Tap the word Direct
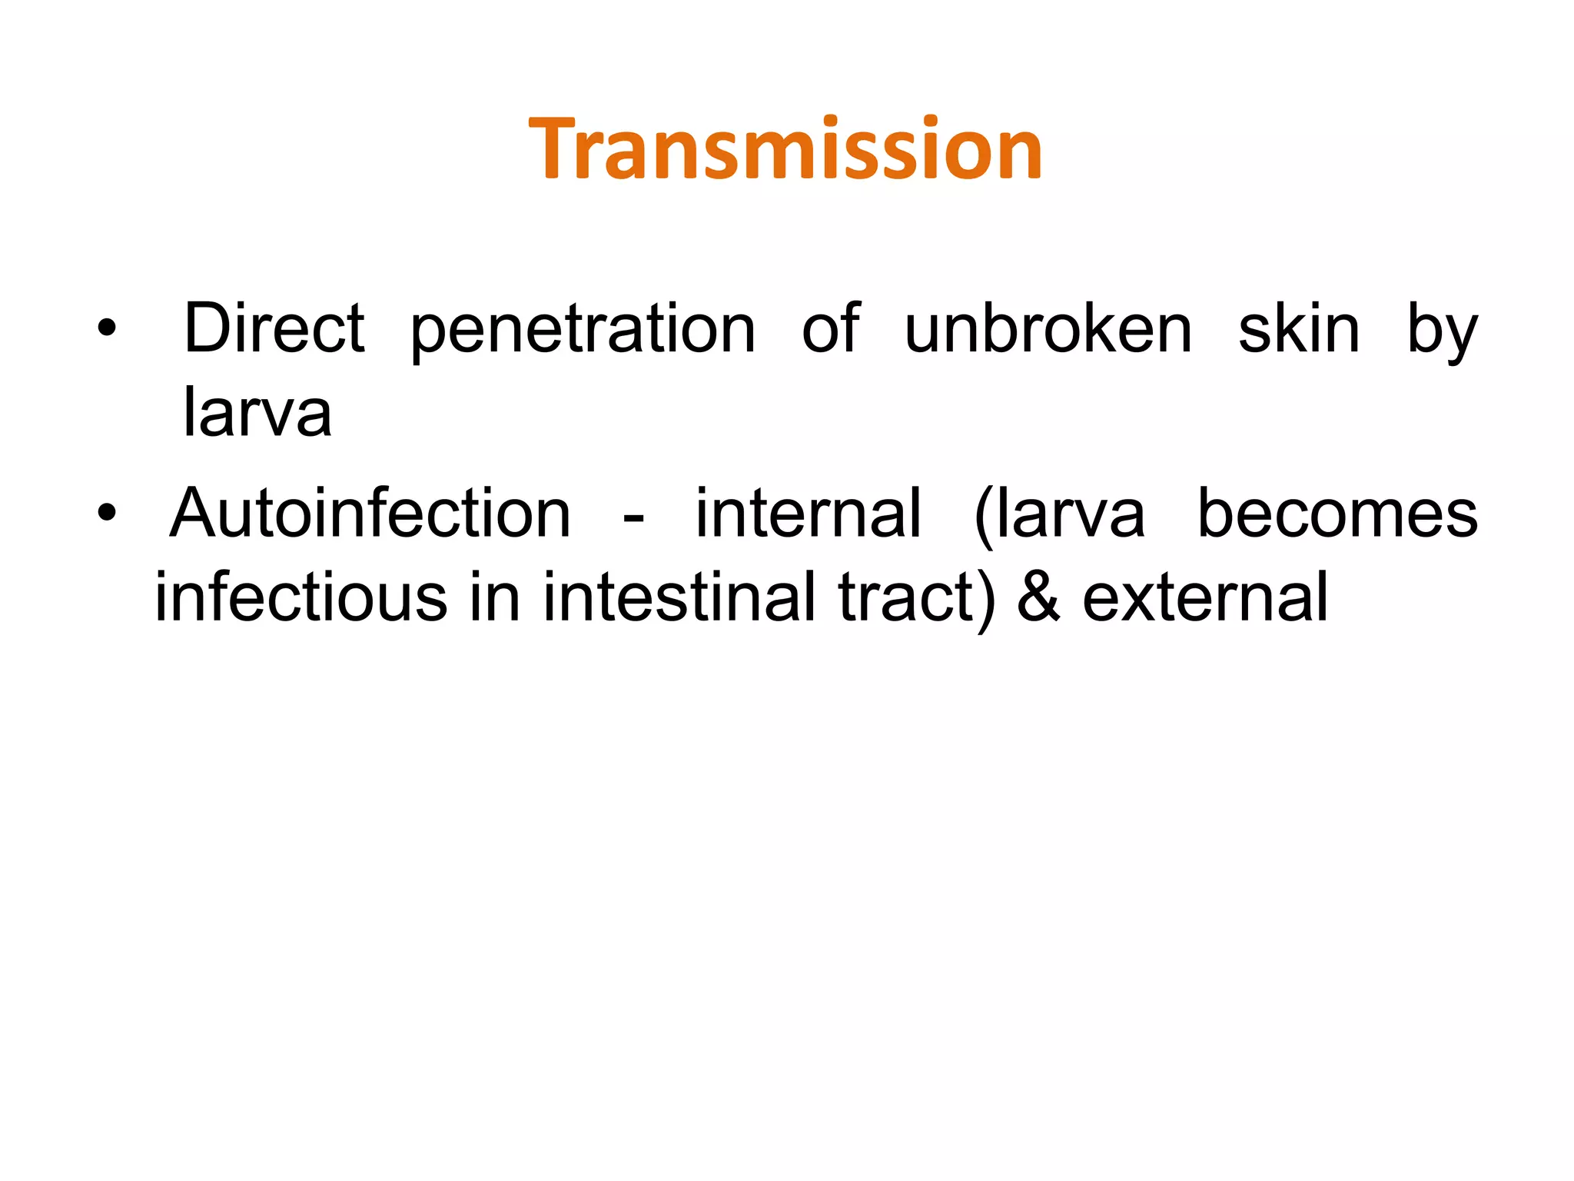click(274, 329)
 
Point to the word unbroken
click(1048, 329)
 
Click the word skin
click(1299, 329)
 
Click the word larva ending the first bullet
click(257, 412)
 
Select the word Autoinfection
click(370, 514)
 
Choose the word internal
click(808, 514)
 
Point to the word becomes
click(1337, 514)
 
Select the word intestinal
click(679, 597)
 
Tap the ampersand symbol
click(1038, 599)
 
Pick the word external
click(1205, 597)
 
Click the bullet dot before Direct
click(107, 329)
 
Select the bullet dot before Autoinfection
click(107, 513)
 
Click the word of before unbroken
click(830, 329)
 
